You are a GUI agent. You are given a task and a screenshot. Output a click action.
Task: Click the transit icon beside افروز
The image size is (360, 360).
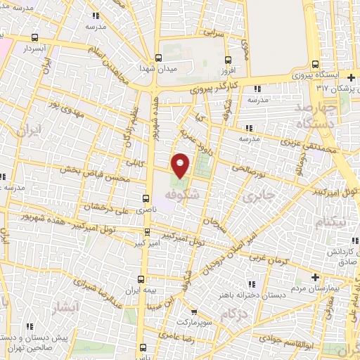pyautogui.click(x=227, y=60)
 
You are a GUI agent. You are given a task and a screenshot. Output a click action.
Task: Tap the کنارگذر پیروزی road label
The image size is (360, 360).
pyautogui.click(x=219, y=88)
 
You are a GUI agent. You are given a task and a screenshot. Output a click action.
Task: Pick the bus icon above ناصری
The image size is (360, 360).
pyautogui.click(x=146, y=198)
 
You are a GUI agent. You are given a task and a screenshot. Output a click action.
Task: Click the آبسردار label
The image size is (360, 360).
pyautogui.click(x=33, y=49)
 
